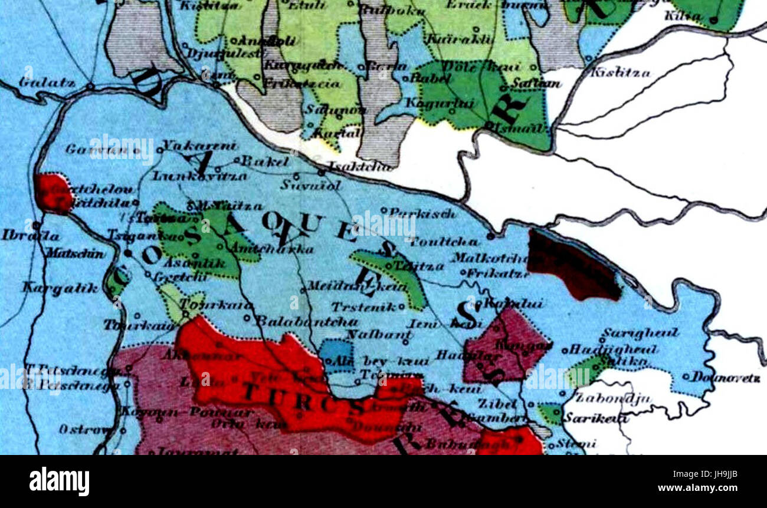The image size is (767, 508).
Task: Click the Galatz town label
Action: pyautogui.click(x=47, y=83)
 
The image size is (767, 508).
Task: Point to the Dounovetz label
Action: pyautogui.click(x=726, y=377)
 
